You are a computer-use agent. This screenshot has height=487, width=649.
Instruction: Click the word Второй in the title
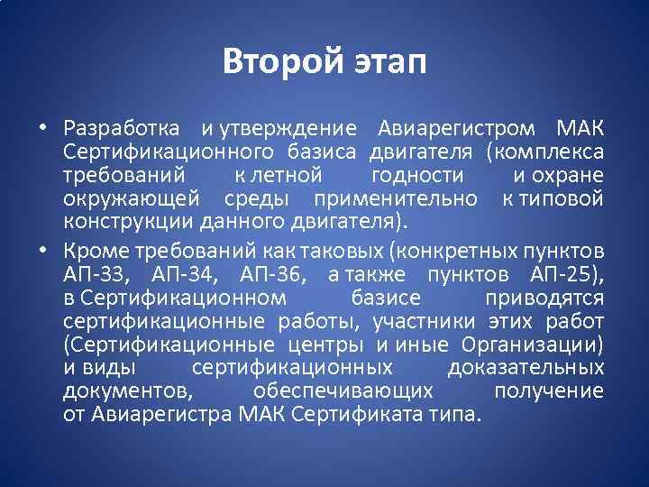pyautogui.click(x=275, y=61)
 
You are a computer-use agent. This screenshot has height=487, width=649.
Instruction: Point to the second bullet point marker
pyautogui.click(x=42, y=249)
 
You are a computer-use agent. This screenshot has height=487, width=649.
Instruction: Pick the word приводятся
pyautogui.click(x=544, y=298)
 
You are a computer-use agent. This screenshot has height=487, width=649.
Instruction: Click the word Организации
pyautogui.click(x=532, y=345)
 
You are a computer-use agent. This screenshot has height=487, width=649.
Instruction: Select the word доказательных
pyautogui.click(x=538, y=368)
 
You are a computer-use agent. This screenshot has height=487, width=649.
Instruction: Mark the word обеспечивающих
pyautogui.click(x=343, y=391)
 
